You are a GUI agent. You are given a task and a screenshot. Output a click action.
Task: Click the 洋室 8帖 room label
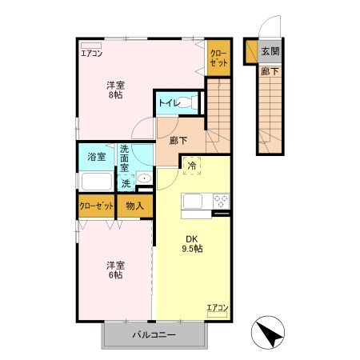point(116,89)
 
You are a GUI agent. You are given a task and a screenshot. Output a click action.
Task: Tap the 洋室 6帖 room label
point(114,270)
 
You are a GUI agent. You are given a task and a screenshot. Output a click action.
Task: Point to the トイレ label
point(167,102)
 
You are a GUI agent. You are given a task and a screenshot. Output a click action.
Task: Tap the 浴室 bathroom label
point(96,158)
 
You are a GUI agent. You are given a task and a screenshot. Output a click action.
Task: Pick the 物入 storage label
point(136,206)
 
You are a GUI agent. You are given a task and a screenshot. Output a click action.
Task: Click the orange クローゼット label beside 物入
point(96,206)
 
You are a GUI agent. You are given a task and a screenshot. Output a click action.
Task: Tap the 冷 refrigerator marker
point(192,166)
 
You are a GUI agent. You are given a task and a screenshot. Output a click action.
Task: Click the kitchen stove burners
point(221,201)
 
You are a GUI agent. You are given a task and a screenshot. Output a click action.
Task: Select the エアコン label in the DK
point(217,307)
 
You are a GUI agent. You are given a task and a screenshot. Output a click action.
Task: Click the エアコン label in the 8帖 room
point(92,54)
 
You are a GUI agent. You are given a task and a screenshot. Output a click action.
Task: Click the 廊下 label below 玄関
point(270,71)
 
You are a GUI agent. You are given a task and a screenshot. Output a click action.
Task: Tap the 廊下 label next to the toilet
point(178,141)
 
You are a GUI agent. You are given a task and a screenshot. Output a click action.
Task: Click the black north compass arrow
point(270,333)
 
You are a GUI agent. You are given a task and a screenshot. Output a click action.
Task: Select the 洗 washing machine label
point(126,183)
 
